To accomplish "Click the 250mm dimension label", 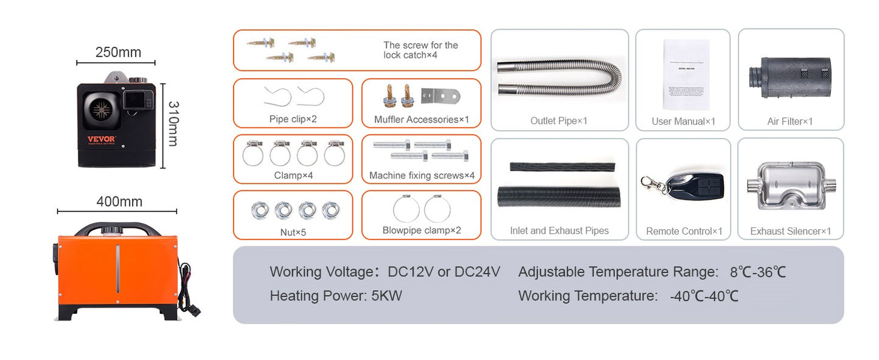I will pyautogui.click(x=118, y=52).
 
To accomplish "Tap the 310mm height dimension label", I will pyautogui.click(x=173, y=123).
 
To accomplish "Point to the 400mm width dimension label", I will pyautogui.click(x=119, y=201).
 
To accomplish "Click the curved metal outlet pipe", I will pyautogui.click(x=560, y=76).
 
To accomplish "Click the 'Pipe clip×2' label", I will pyautogui.click(x=293, y=119).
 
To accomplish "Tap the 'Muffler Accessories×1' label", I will pyautogui.click(x=422, y=120).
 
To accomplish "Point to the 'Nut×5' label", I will pyautogui.click(x=292, y=232).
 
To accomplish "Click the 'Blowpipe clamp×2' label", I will pyautogui.click(x=422, y=230).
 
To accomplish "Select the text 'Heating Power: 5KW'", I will pyautogui.click(x=336, y=296).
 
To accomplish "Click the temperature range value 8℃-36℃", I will pyautogui.click(x=758, y=272).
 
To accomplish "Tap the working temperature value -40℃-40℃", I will pyautogui.click(x=704, y=296).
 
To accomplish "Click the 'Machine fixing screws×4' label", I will pyautogui.click(x=422, y=176).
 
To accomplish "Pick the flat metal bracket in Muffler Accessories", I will pyautogui.click(x=442, y=95).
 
